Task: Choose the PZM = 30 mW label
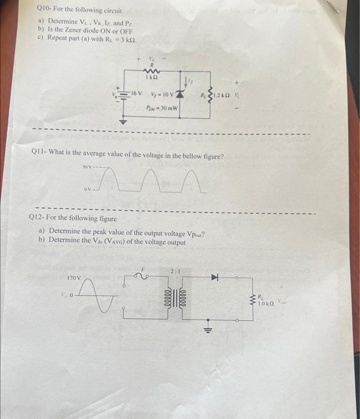pyautogui.click(x=161, y=108)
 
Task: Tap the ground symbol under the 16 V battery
pyautogui.click(x=124, y=119)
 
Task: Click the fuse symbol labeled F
pyautogui.click(x=144, y=278)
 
